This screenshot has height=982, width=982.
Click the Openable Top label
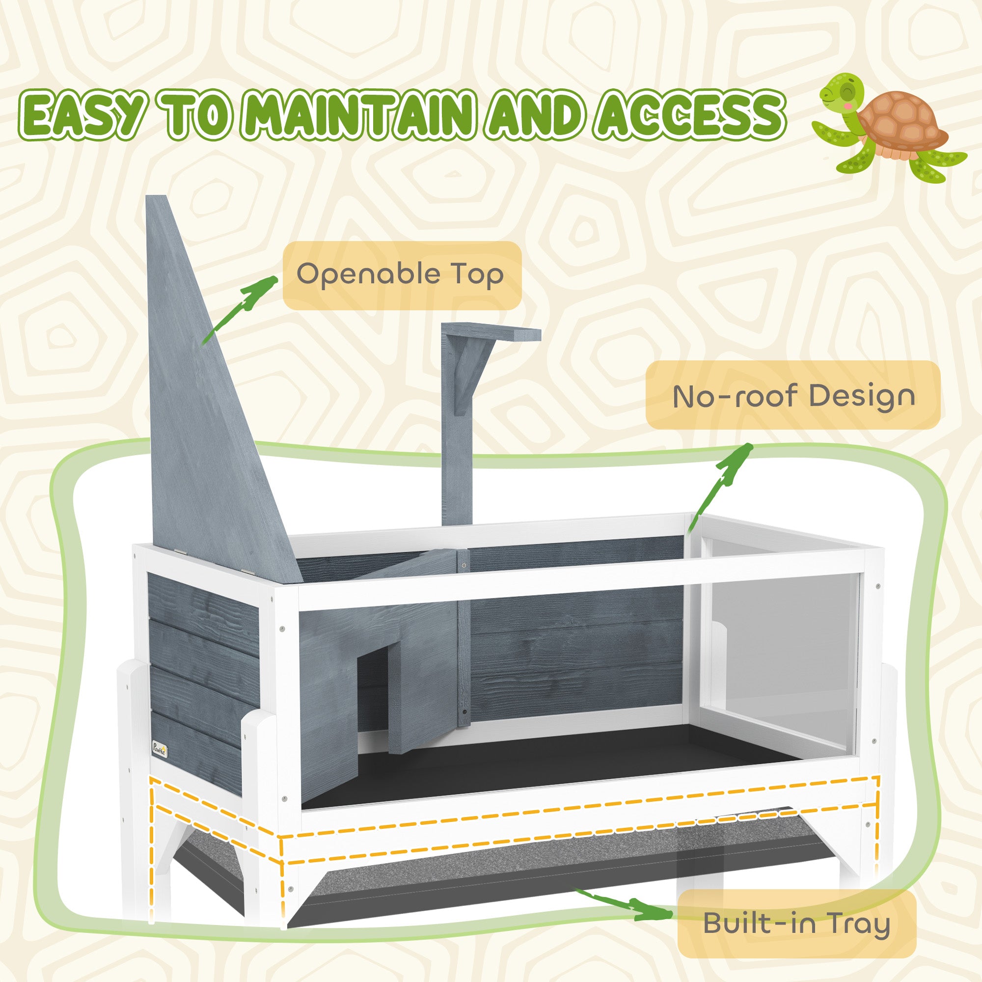pos(402,275)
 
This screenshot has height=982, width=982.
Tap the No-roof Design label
pos(793,395)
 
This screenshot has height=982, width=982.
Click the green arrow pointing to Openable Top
pos(239,310)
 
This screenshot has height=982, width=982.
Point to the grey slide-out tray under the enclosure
pos(508,864)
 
